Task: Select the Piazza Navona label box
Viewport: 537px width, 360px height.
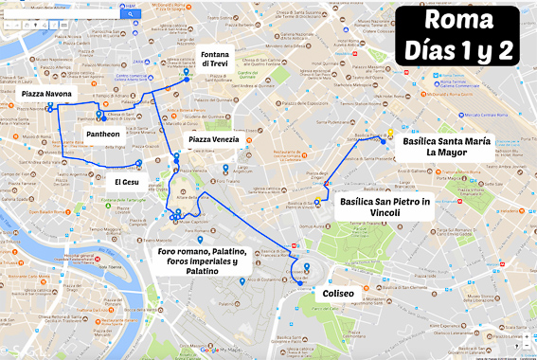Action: point(47,95)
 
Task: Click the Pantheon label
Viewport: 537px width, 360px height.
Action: point(103,135)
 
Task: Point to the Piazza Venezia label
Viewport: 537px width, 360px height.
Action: point(213,140)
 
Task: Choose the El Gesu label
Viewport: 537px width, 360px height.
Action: point(126,181)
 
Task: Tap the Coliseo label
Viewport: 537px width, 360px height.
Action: point(338,294)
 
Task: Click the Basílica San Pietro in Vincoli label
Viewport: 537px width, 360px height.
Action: point(385,207)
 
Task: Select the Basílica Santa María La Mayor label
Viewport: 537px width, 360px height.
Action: point(445,146)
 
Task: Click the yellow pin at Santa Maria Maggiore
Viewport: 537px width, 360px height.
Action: point(388,131)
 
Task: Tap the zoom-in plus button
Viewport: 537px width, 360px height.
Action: point(526,336)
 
